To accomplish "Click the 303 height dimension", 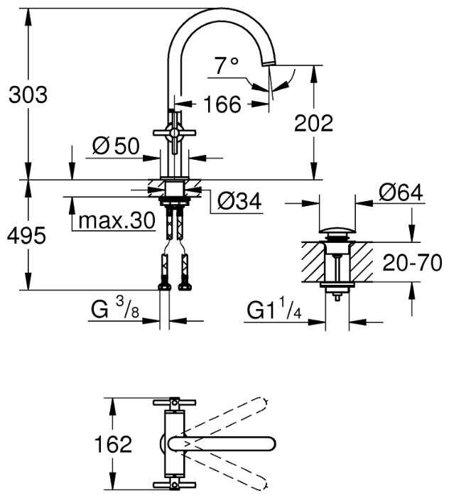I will [x=28, y=94].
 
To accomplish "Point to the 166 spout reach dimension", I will [x=222, y=104].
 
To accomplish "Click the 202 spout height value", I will [x=313, y=123].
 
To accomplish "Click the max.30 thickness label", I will [x=117, y=220].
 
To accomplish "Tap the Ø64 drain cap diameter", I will [x=401, y=192].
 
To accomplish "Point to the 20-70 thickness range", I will [x=409, y=263].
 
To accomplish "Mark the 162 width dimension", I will [x=114, y=445].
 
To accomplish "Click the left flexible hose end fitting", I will [x=164, y=286].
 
